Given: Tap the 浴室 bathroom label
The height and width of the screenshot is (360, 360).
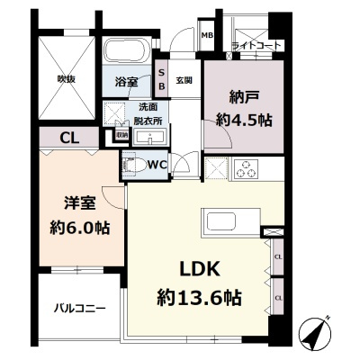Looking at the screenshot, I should point(126,82).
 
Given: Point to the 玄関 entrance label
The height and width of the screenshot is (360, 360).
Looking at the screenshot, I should point(184,81).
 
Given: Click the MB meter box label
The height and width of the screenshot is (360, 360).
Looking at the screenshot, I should point(207,37).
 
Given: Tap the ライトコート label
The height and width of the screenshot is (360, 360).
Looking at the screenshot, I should point(256,45).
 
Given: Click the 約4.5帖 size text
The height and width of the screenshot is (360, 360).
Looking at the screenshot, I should point(244,119).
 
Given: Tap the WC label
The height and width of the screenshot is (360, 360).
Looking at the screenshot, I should point(155,165).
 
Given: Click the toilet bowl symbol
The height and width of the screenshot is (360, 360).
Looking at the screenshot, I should point(133,165).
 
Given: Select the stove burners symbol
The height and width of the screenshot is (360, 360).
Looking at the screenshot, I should point(246,167).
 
